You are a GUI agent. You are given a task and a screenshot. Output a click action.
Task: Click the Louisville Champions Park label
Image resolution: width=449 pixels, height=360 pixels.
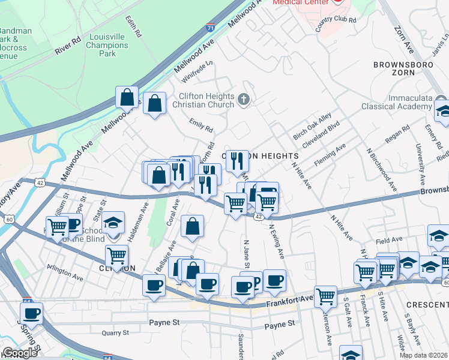107,45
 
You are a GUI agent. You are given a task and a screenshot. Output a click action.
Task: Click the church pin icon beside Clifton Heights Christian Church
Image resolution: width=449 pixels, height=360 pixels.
244,100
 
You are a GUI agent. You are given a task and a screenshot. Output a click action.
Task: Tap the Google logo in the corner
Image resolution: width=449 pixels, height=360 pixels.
19,353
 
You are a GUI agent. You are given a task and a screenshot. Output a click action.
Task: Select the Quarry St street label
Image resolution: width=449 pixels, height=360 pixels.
116,332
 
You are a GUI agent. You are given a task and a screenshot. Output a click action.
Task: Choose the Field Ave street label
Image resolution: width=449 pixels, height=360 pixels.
389,241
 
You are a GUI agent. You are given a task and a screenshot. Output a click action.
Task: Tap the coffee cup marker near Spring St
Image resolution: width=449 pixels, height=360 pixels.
32,313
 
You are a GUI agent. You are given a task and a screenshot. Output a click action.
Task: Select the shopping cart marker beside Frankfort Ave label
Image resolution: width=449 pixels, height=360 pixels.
325,295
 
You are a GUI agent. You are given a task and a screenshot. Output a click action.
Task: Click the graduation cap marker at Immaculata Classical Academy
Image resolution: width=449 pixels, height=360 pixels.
443,111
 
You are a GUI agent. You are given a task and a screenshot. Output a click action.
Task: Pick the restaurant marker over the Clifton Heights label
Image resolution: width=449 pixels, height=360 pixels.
237,160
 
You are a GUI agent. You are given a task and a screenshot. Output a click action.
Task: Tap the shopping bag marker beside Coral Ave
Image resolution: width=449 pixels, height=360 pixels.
192,227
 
